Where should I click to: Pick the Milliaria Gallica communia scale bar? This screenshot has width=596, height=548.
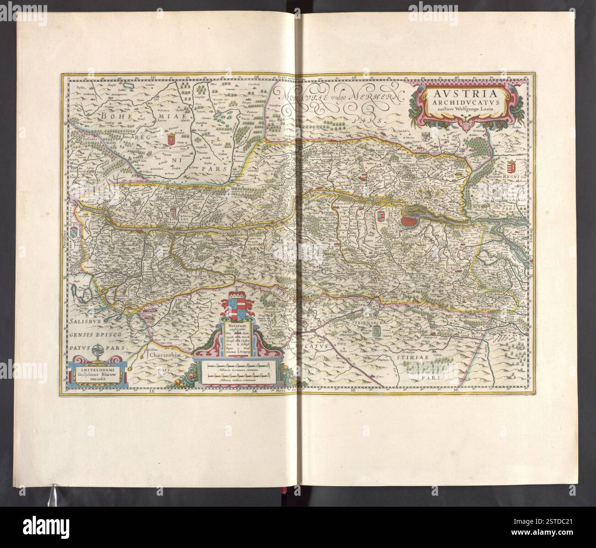tap(238, 376)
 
